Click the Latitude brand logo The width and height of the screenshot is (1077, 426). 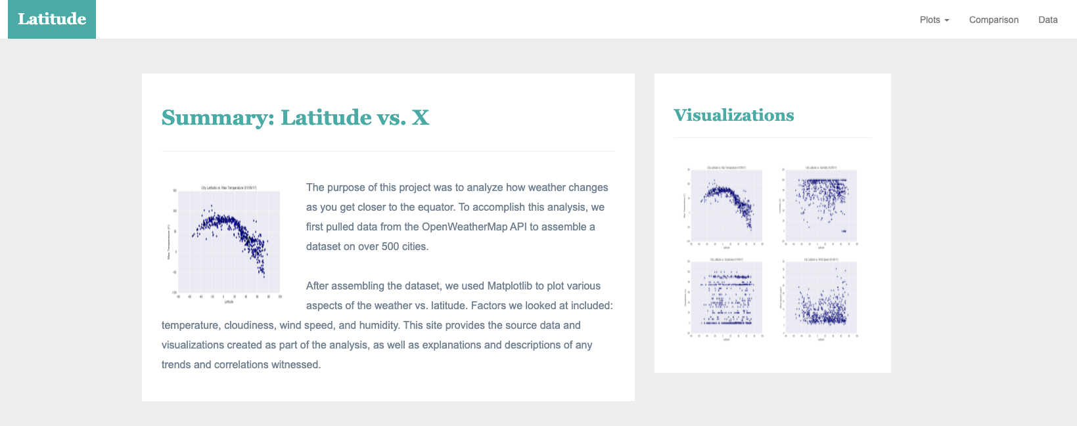point(52,19)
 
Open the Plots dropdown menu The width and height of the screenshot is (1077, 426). point(934,20)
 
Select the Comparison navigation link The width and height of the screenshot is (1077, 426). point(994,20)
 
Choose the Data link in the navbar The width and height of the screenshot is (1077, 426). point(1047,20)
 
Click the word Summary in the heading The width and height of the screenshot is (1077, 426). point(214,117)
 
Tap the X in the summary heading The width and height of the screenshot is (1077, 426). point(421,117)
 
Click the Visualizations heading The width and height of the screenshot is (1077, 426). point(733,116)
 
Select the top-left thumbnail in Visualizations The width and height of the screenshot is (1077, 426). point(725,206)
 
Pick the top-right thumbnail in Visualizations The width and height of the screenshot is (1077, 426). point(820,206)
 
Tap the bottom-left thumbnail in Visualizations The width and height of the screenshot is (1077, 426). point(725,299)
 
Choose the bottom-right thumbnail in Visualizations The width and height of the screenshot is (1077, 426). point(820,299)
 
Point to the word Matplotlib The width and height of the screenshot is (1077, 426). point(509,286)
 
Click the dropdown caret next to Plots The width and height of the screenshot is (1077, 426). point(947,20)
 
